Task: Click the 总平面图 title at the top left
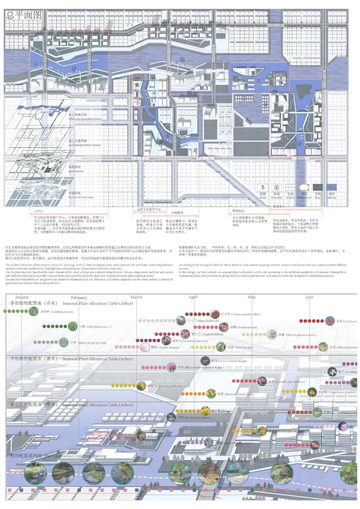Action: tap(24, 15)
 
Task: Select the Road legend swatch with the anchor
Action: tap(263, 188)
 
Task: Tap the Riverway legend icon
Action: tap(276, 188)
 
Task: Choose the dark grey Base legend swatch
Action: tap(318, 188)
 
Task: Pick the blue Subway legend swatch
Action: tap(331, 188)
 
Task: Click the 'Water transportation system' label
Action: tap(85, 119)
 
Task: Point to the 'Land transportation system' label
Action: tap(84, 145)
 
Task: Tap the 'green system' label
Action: tap(76, 171)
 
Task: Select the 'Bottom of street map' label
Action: tap(81, 197)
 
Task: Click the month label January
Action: tap(22, 297)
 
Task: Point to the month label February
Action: tap(79, 297)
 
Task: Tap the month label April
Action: tap(193, 297)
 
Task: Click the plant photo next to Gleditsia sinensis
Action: tap(33, 311)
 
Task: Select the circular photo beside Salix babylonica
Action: tap(73, 326)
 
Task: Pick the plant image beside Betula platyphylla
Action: tap(63, 342)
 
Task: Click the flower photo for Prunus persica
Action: tap(224, 327)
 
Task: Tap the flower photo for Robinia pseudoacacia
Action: tap(272, 334)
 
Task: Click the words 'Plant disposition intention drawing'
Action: tap(76, 456)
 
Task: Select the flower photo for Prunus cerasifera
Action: tap(215, 314)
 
